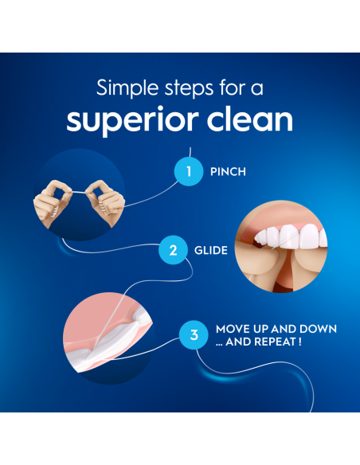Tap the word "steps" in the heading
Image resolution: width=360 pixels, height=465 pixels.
[x=193, y=87]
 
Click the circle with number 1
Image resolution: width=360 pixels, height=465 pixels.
[x=190, y=171]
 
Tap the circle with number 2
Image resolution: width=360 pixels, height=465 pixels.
[x=173, y=250]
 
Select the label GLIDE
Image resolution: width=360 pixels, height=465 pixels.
[x=211, y=250]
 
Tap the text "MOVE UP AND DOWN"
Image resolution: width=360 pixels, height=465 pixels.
[x=276, y=329]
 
